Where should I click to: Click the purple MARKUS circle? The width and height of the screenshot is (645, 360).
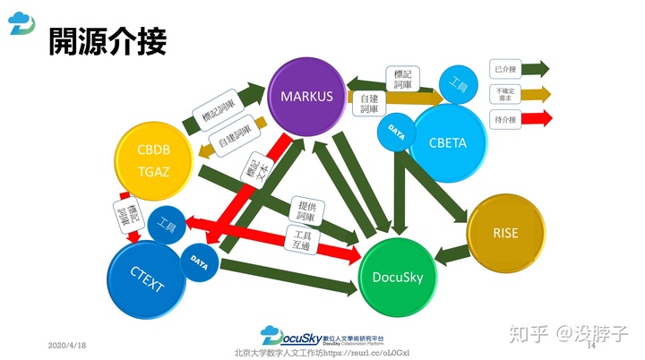tap(306, 96)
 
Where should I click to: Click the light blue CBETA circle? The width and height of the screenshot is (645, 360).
tap(448, 141)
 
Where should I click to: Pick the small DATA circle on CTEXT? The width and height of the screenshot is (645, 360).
tap(199, 263)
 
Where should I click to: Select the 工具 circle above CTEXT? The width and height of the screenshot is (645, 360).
tap(167, 226)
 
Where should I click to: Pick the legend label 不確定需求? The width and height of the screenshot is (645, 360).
tap(503, 93)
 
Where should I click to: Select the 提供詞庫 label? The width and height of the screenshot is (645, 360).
tap(306, 211)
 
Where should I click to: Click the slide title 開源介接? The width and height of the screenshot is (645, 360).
tap(107, 39)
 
